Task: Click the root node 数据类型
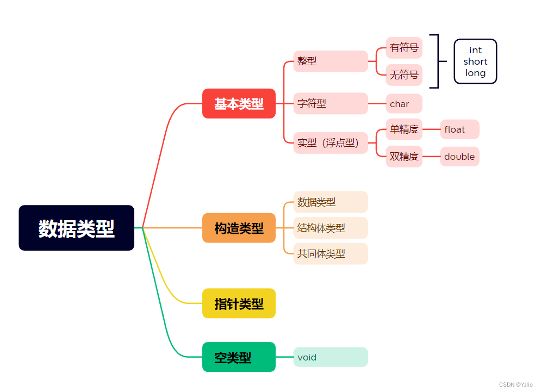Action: [x=76, y=228]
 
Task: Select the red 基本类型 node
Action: [x=239, y=103]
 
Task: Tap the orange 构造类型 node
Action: [x=239, y=228]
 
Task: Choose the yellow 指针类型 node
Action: [x=239, y=303]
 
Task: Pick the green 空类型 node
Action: [x=239, y=357]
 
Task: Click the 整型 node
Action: [x=331, y=61]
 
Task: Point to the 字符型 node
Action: [x=331, y=103]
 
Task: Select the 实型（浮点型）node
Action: [x=331, y=143]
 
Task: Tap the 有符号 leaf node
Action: [x=404, y=48]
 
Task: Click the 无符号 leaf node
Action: [x=404, y=74]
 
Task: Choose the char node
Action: [x=404, y=104]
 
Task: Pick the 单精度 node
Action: [x=404, y=129]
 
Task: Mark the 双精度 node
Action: [x=404, y=157]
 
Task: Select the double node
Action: [x=459, y=157]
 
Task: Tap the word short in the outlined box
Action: [x=475, y=61]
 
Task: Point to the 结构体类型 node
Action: [x=331, y=228]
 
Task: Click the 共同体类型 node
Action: [x=331, y=253]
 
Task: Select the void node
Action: [x=331, y=357]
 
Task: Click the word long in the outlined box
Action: [x=475, y=73]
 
